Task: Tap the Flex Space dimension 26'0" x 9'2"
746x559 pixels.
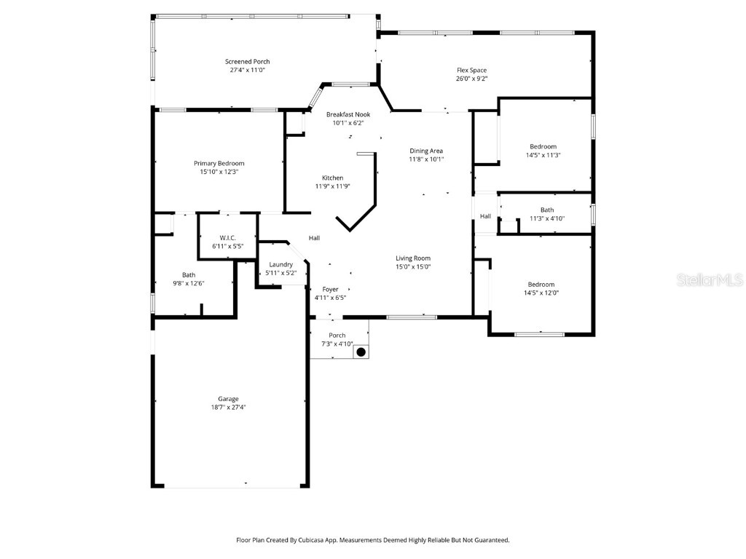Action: click(471, 79)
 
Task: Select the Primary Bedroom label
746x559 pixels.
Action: click(219, 163)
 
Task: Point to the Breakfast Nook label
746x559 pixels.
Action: click(348, 114)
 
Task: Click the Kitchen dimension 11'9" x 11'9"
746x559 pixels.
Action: click(332, 186)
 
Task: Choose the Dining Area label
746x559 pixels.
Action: click(426, 151)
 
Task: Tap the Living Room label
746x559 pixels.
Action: click(413, 258)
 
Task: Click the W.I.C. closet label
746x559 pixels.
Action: click(227, 238)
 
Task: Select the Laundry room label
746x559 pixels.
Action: click(280, 264)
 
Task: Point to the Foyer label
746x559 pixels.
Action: click(330, 289)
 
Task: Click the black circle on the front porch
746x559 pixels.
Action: click(360, 352)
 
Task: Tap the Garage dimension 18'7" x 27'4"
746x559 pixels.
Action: click(228, 408)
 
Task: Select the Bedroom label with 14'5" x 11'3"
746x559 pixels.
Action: click(543, 146)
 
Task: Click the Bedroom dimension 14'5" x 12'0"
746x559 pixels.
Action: click(541, 293)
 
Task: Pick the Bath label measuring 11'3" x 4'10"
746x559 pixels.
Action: click(546, 210)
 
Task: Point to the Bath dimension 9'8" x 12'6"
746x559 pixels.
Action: click(189, 283)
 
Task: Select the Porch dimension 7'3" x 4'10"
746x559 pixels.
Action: click(337, 344)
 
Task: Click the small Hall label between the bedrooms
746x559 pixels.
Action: click(485, 216)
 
